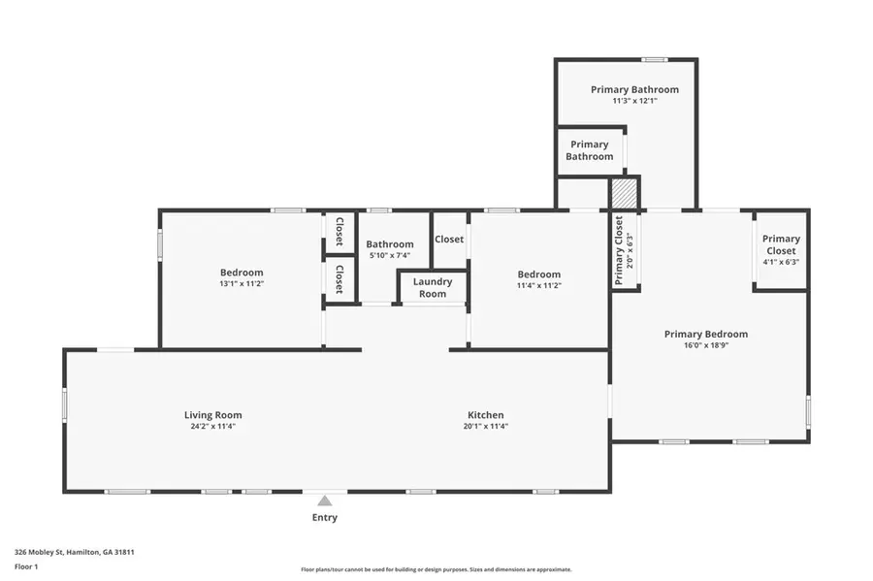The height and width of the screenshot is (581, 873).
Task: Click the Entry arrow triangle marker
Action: pyautogui.click(x=325, y=500)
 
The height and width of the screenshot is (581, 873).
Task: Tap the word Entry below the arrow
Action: pyautogui.click(x=325, y=518)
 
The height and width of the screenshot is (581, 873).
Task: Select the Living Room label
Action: pyautogui.click(x=212, y=415)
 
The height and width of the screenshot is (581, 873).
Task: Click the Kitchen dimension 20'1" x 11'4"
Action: pyautogui.click(x=485, y=426)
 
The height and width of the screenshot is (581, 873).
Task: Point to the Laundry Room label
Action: pyautogui.click(x=433, y=288)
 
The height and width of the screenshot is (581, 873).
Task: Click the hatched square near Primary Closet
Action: pyautogui.click(x=625, y=192)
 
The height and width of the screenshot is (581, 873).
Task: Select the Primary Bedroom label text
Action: pyautogui.click(x=705, y=334)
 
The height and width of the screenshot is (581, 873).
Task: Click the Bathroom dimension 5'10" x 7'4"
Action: pyautogui.click(x=389, y=255)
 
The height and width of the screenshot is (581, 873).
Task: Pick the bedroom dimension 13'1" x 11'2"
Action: pyautogui.click(x=242, y=283)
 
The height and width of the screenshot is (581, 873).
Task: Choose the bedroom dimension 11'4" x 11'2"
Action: pyautogui.click(x=538, y=285)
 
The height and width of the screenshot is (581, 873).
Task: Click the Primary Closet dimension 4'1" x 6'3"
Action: pyautogui.click(x=781, y=261)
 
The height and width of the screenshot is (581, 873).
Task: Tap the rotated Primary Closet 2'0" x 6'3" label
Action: pyautogui.click(x=624, y=251)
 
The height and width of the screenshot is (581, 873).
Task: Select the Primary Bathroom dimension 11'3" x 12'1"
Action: pyautogui.click(x=634, y=100)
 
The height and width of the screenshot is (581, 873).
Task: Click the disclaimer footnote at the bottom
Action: pyautogui.click(x=436, y=569)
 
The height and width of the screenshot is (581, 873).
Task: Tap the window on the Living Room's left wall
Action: pyautogui.click(x=65, y=404)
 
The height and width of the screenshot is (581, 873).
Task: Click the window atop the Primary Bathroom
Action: pyautogui.click(x=655, y=59)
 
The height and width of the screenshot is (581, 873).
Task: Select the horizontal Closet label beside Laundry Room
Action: pyautogui.click(x=448, y=239)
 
